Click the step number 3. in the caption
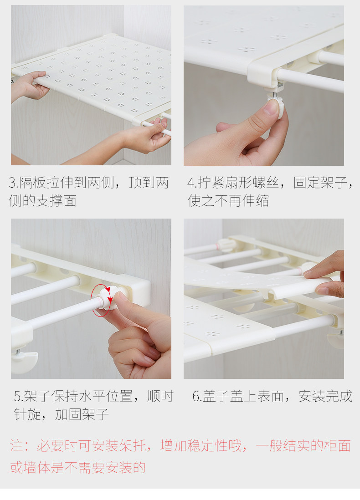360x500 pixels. (14, 184)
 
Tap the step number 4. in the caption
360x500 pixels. (192, 184)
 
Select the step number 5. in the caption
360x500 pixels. (18, 396)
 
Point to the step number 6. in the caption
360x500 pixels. (197, 396)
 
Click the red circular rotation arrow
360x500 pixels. (102, 300)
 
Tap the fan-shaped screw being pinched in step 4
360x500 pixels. (276, 109)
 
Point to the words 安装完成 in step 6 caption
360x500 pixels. (325, 396)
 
